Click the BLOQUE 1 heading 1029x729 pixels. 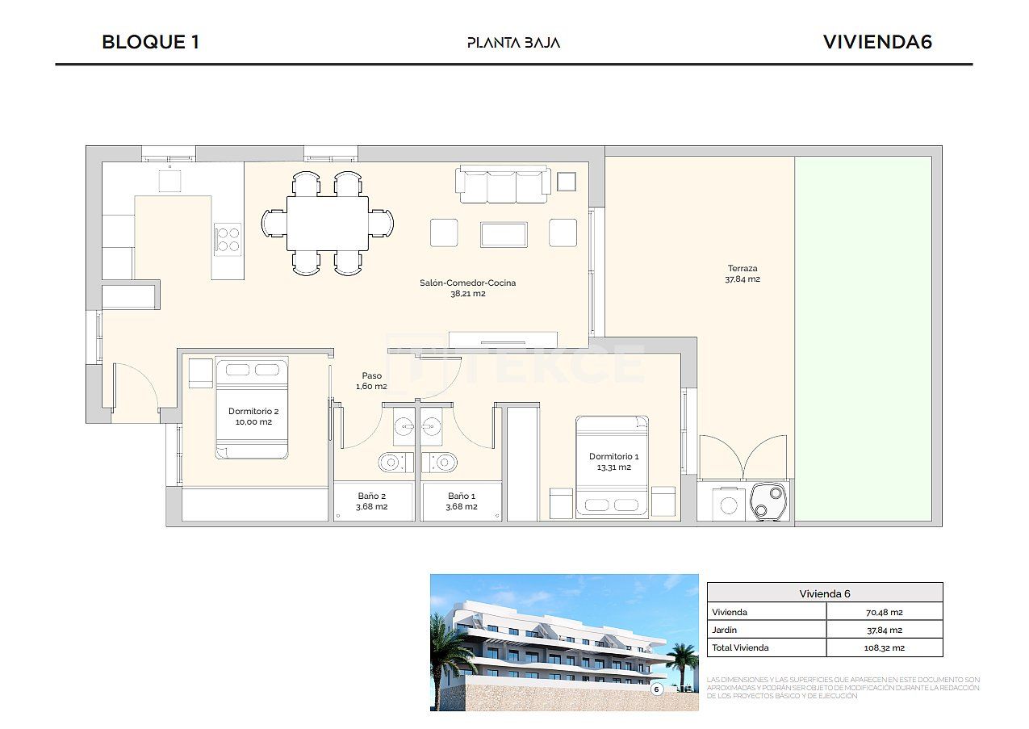(150, 42)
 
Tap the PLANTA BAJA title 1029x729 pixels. (513, 43)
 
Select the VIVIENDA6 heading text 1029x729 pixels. (877, 42)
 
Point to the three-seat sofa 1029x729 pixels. (504, 185)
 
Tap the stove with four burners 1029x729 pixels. (228, 238)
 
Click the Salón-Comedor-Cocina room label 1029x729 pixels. (467, 288)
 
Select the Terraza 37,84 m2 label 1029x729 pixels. (742, 274)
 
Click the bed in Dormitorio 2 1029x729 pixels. (252, 408)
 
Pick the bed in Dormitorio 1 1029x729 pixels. (612, 467)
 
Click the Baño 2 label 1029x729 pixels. (372, 501)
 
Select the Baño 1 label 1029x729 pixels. (462, 501)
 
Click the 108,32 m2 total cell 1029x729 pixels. (884, 647)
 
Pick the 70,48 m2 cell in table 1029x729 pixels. (884, 612)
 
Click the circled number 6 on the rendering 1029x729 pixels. (656, 689)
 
